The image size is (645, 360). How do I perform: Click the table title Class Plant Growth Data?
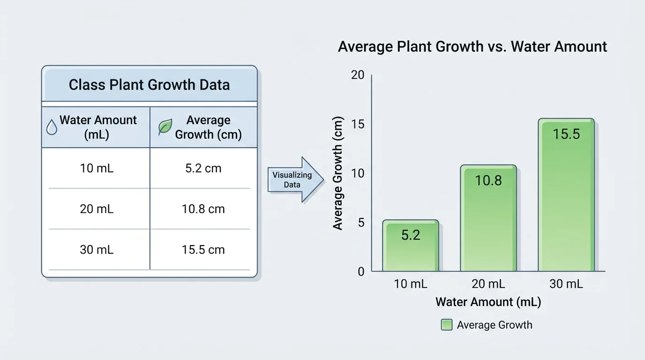(x=149, y=85)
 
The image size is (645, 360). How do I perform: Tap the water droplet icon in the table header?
(x=52, y=127)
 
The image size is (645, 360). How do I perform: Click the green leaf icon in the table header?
(x=165, y=127)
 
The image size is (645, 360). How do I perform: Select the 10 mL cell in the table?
(x=97, y=168)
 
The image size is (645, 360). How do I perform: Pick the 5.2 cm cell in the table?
(x=203, y=168)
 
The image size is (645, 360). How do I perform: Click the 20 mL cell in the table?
(x=97, y=209)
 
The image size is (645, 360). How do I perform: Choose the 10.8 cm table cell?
(x=203, y=209)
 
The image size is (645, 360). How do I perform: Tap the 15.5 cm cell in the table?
(x=203, y=250)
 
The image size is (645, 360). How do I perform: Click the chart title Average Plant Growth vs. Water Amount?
(x=472, y=47)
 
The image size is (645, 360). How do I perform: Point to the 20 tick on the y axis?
(x=358, y=75)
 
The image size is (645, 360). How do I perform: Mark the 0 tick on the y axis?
(x=361, y=271)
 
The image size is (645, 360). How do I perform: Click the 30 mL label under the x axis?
(x=566, y=284)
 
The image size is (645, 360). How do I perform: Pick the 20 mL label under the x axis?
(x=488, y=284)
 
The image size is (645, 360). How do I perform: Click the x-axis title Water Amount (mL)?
(x=488, y=302)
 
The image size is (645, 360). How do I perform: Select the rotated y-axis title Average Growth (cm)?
(x=338, y=173)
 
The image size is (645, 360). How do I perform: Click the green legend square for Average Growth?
(x=447, y=325)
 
